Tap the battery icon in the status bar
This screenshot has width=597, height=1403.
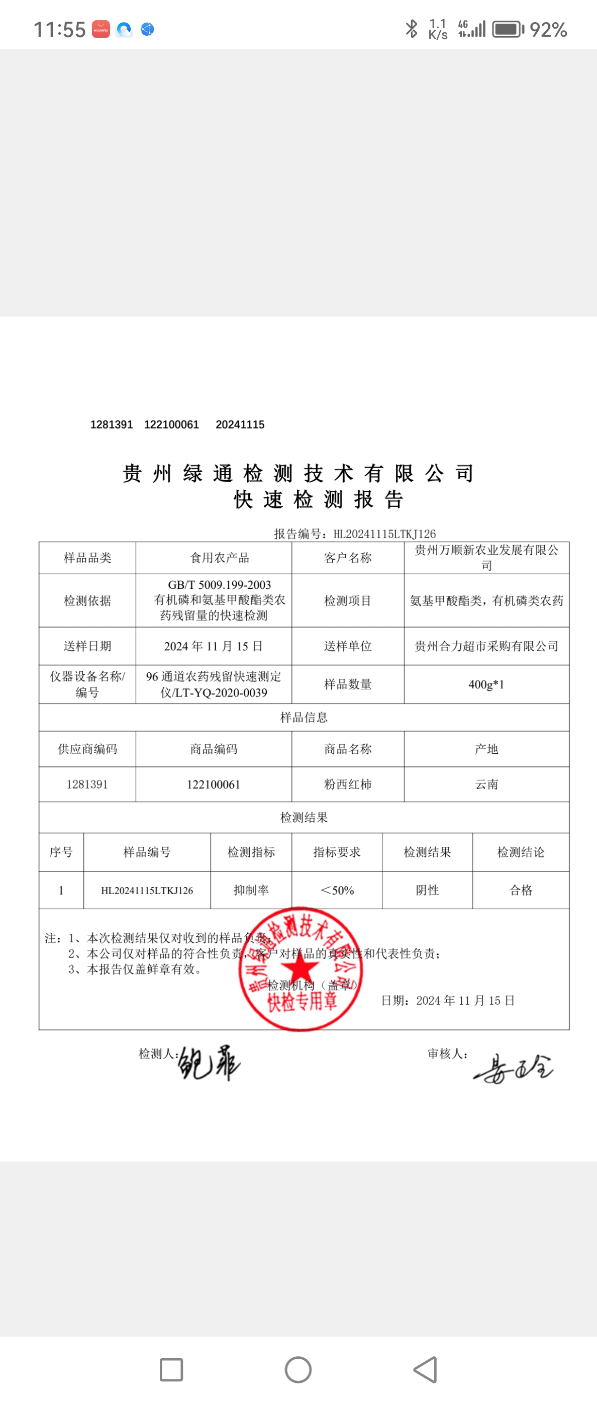(x=508, y=29)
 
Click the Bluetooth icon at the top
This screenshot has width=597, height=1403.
(x=412, y=29)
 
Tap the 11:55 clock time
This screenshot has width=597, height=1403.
(x=59, y=29)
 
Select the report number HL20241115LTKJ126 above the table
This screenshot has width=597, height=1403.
(x=384, y=534)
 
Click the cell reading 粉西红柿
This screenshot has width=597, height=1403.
(x=348, y=784)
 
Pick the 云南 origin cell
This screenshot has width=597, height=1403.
(x=486, y=784)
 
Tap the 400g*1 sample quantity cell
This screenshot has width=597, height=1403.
(x=486, y=684)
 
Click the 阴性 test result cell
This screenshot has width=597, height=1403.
(x=427, y=890)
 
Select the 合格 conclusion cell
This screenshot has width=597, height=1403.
(x=521, y=890)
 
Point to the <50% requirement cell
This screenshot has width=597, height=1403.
(x=337, y=890)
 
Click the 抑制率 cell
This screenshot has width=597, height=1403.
(x=251, y=890)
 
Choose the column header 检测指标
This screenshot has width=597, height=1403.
(x=251, y=852)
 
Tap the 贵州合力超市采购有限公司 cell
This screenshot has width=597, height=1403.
(x=486, y=647)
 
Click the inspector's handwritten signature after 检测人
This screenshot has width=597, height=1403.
(x=209, y=1063)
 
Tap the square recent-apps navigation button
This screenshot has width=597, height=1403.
(x=171, y=1369)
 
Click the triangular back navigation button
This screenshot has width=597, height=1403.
(x=426, y=1369)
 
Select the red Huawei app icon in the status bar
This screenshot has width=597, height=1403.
(x=101, y=29)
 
